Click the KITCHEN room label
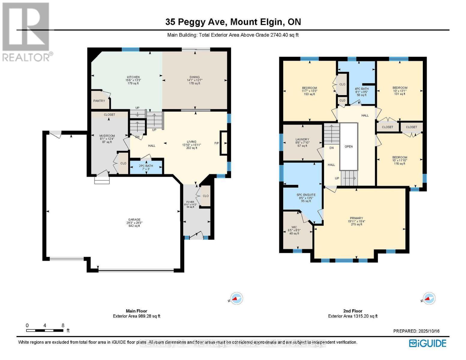[133, 77]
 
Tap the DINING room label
[194, 77]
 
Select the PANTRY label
[99, 101]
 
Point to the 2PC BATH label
[146, 166]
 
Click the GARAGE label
[134, 220]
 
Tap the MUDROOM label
[107, 136]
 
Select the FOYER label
[190, 202]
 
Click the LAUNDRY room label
[302, 139]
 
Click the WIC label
[294, 227]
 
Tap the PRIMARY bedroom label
[356, 218]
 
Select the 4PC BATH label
[361, 89]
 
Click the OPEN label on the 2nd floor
[349, 147]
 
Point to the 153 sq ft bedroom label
[309, 88]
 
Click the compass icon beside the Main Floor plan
[237, 298]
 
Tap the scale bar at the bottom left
[45, 331]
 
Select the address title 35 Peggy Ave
[233, 22]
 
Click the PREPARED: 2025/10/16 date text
[416, 331]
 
